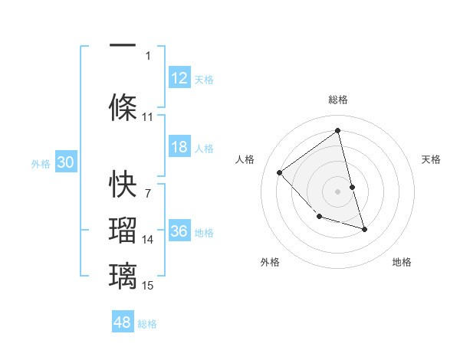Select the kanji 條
(123, 105)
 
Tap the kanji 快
(123, 184)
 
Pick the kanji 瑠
(123, 230)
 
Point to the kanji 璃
(123, 274)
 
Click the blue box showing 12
(179, 77)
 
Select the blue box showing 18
(179, 147)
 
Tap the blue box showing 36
(179, 231)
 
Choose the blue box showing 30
(65, 162)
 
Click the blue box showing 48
(123, 322)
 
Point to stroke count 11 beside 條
(148, 117)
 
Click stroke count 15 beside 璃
(148, 286)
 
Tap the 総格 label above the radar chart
(338, 100)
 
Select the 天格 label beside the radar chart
(431, 159)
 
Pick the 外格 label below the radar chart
(270, 262)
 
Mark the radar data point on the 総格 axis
(338, 131)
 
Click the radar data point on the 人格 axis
(280, 172)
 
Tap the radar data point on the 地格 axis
(364, 229)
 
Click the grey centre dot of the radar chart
(338, 191)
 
